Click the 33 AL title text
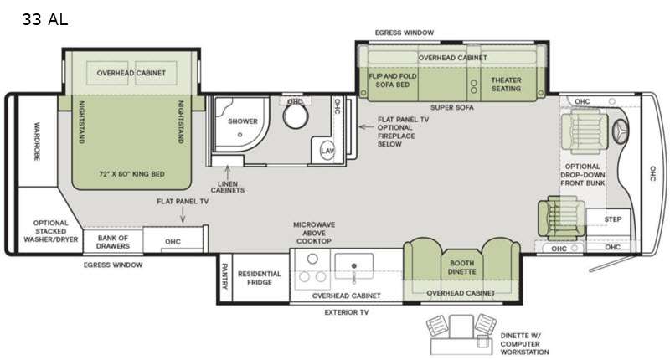(x=45, y=19)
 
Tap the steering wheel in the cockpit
(x=621, y=131)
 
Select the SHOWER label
(x=243, y=121)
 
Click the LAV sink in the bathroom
(x=327, y=151)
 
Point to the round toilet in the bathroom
(x=296, y=116)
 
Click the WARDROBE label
(x=37, y=141)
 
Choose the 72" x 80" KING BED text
(x=131, y=174)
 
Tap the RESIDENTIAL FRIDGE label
(x=260, y=278)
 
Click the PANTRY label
(x=224, y=276)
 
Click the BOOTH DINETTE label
(x=462, y=267)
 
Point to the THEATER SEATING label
(x=507, y=85)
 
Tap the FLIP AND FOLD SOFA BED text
(x=393, y=80)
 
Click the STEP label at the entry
(x=613, y=219)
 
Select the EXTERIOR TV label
(x=347, y=312)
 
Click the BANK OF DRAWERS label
(x=113, y=242)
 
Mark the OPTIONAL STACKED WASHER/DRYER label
(x=51, y=231)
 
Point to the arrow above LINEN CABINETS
(x=228, y=172)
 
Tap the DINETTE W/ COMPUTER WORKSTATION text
(x=525, y=344)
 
